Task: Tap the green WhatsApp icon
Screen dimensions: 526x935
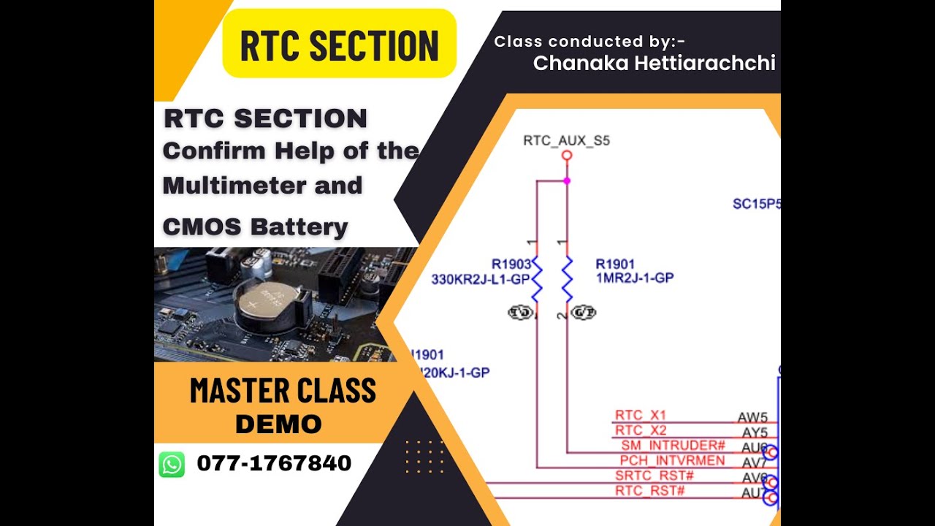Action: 172,464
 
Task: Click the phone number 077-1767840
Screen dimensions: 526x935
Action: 274,463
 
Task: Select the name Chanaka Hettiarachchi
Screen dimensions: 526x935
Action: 654,64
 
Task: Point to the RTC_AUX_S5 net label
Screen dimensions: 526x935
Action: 566,140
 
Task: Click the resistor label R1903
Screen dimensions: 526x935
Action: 511,264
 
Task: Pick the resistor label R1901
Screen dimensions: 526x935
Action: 615,264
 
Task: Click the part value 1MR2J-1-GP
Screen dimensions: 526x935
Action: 634,278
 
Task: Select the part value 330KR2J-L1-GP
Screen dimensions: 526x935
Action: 478,278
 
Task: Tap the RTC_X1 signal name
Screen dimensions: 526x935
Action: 640,416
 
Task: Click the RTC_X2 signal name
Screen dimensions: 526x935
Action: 640,430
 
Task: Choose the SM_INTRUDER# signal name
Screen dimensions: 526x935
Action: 673,446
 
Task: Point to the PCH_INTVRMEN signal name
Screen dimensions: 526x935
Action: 672,461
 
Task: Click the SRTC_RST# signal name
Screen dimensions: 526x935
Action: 654,476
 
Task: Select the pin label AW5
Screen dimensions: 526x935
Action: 752,417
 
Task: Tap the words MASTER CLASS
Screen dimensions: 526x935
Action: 283,391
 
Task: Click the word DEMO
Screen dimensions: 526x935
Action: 278,424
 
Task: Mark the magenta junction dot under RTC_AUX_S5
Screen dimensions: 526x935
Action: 566,180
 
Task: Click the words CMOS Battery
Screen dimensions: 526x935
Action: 255,227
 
